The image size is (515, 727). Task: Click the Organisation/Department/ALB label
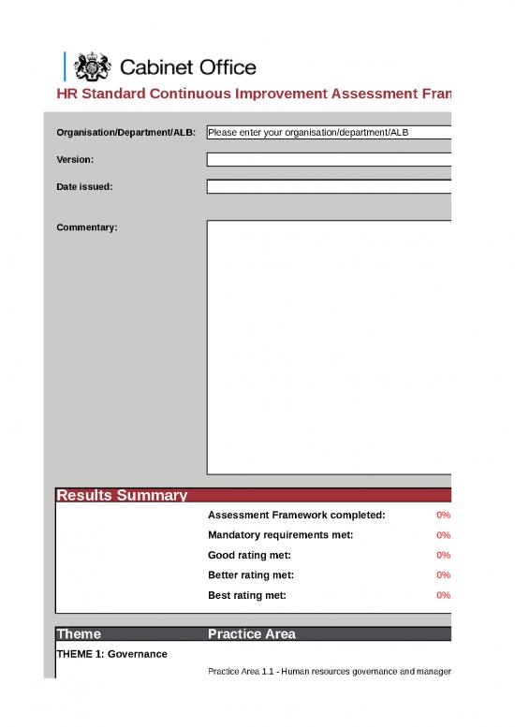coord(126,133)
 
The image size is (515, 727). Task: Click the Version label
coord(75,160)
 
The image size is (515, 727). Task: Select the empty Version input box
coord(329,160)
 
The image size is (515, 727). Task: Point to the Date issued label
coord(84,187)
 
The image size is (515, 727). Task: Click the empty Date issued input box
coord(329,187)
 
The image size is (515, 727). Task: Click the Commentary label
coord(87,227)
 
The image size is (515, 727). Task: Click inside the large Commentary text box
coord(329,346)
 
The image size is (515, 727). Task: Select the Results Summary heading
coord(122,496)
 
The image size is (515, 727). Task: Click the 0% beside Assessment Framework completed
coord(444,516)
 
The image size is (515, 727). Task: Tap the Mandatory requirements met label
coord(280,535)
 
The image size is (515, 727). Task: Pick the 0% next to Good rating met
coord(444,555)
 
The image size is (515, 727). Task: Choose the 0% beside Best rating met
coord(444,595)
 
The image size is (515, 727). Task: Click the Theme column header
coord(79,634)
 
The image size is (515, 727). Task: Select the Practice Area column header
coord(251,634)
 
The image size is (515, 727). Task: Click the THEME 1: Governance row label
coord(111,653)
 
